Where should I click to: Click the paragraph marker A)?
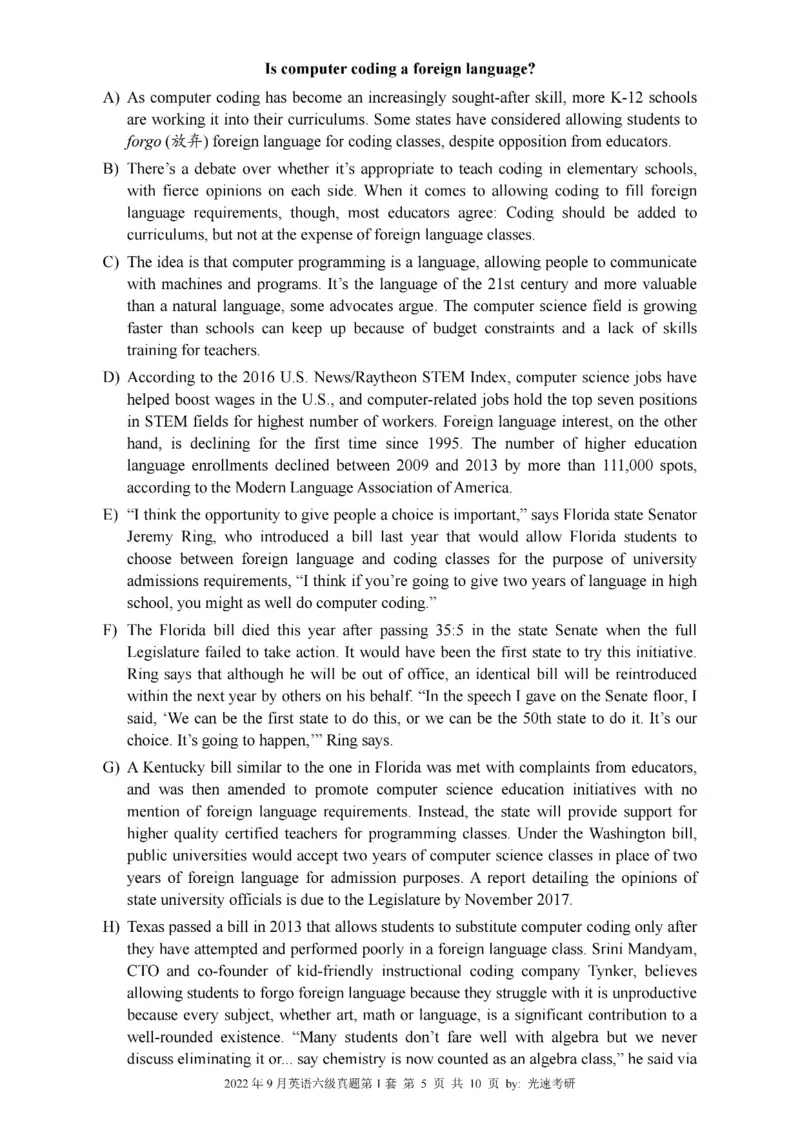click(111, 98)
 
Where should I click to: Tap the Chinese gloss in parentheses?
click(186, 141)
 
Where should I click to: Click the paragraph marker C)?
click(111, 261)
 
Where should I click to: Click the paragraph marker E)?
click(110, 514)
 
